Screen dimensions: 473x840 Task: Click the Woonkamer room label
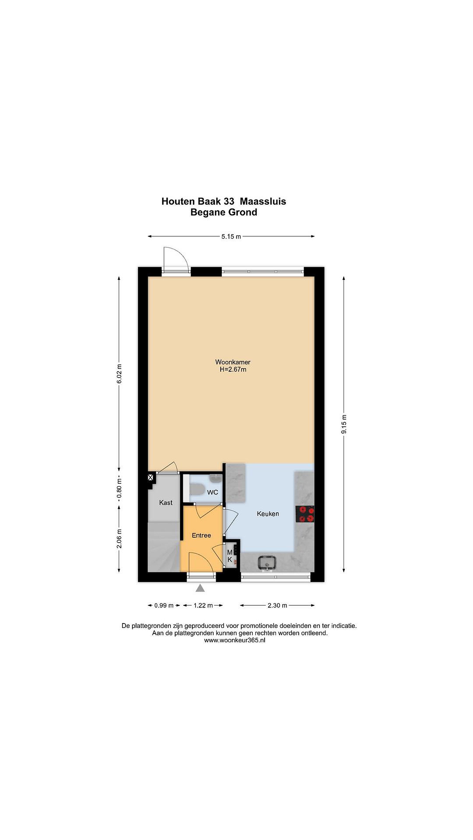click(x=232, y=362)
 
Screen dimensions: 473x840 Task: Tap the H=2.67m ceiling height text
click(x=233, y=370)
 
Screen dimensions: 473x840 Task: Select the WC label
click(x=213, y=492)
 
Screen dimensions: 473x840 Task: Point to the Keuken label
click(x=268, y=514)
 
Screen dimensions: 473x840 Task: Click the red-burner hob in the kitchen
click(x=305, y=514)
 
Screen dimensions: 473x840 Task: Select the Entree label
click(x=201, y=535)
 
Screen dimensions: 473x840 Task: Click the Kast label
click(x=166, y=503)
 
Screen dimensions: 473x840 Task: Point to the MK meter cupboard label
click(x=230, y=556)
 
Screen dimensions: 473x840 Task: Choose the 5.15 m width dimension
click(x=231, y=237)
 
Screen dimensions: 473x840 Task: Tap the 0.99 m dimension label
click(x=164, y=605)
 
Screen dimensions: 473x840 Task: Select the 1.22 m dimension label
click(x=203, y=605)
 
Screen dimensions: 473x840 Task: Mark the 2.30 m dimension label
click(x=277, y=605)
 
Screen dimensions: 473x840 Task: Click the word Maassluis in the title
click(x=263, y=202)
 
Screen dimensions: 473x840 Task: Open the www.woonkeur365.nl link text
click(x=235, y=640)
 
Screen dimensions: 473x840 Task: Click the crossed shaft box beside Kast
click(x=150, y=478)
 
